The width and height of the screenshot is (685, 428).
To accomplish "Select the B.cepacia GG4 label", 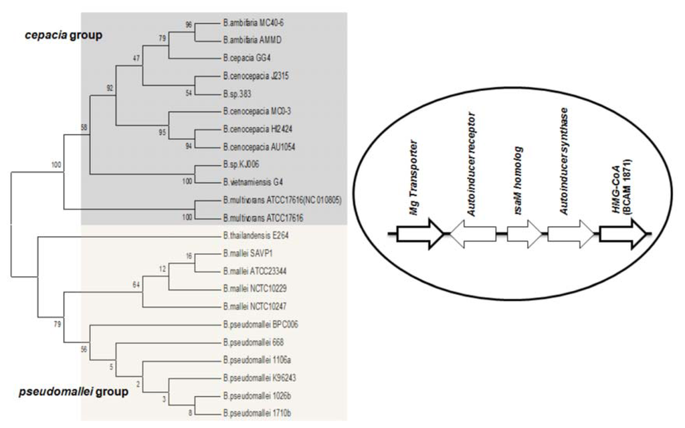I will [x=247, y=58].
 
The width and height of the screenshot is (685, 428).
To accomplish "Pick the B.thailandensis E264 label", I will [x=254, y=235].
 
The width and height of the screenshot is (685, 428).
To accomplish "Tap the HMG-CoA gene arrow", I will [x=623, y=234].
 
